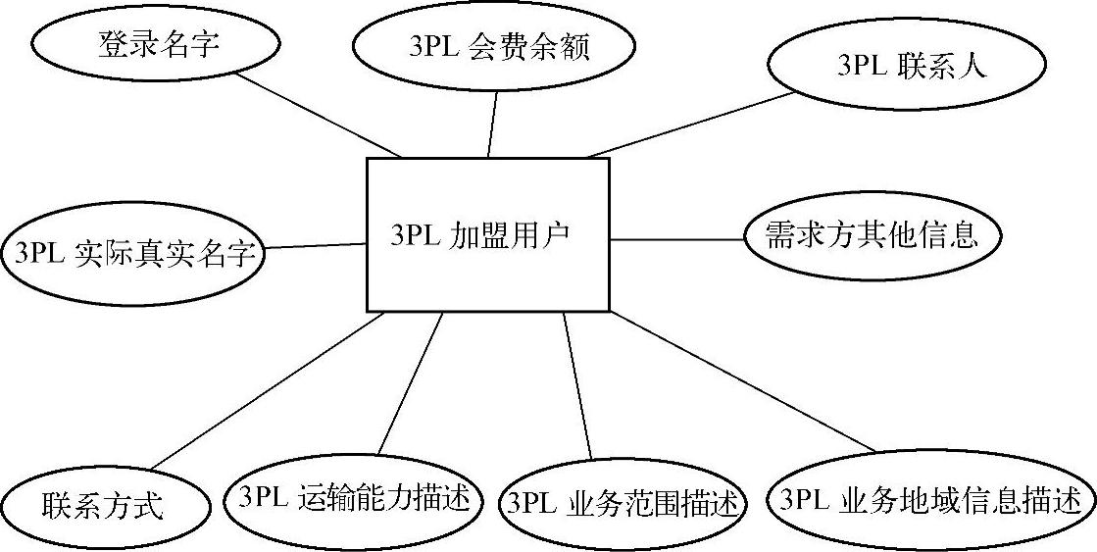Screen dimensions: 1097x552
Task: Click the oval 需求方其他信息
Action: point(873,236)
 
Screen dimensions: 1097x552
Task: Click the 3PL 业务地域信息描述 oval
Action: point(931,501)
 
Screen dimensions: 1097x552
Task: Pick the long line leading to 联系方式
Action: point(265,392)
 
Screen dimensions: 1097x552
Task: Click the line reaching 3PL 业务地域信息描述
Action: point(740,381)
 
